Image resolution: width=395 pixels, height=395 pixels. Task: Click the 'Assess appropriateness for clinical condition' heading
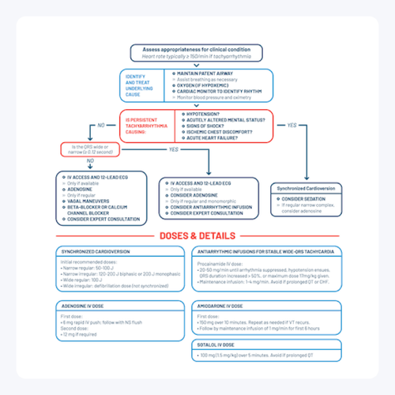(x=197, y=49)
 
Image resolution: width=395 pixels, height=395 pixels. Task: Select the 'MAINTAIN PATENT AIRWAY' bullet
(x=205, y=73)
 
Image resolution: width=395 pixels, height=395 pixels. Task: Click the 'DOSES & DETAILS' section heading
(x=197, y=235)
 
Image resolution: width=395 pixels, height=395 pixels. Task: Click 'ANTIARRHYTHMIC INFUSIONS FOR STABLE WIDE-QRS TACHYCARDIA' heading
(x=264, y=251)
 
